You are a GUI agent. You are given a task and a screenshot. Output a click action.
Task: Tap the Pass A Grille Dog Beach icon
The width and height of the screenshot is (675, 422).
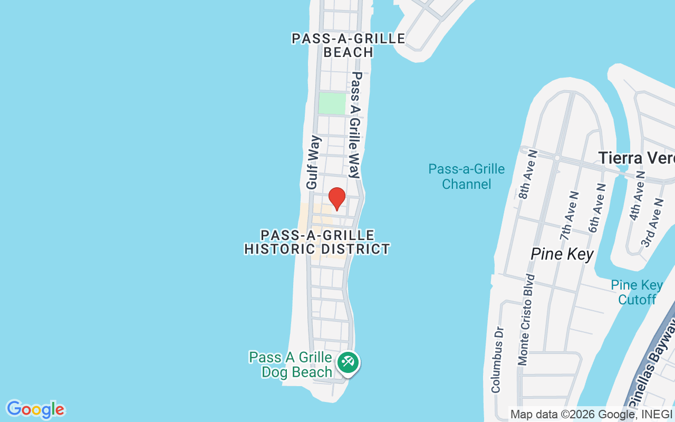(x=348, y=362)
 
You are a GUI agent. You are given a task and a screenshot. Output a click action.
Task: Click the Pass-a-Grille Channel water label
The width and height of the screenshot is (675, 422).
(x=466, y=177)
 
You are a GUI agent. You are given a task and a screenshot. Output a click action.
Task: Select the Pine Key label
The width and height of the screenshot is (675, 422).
(x=562, y=254)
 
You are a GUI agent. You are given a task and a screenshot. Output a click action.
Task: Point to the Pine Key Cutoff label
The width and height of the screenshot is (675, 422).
(x=637, y=292)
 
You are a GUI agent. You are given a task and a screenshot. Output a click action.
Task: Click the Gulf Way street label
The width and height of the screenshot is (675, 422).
(x=313, y=162)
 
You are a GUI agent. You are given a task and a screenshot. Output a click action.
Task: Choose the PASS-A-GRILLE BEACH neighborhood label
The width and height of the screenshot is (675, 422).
(x=349, y=45)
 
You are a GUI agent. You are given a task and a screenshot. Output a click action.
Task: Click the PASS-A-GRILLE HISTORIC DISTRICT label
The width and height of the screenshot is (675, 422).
(x=317, y=242)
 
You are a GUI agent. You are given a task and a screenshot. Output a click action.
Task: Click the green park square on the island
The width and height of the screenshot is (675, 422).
(x=332, y=103)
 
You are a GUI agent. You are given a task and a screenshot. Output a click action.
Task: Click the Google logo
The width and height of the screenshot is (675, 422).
(x=35, y=409)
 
